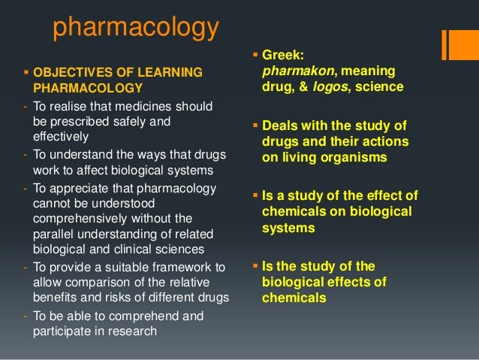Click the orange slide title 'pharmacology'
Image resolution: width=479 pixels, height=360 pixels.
135,28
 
